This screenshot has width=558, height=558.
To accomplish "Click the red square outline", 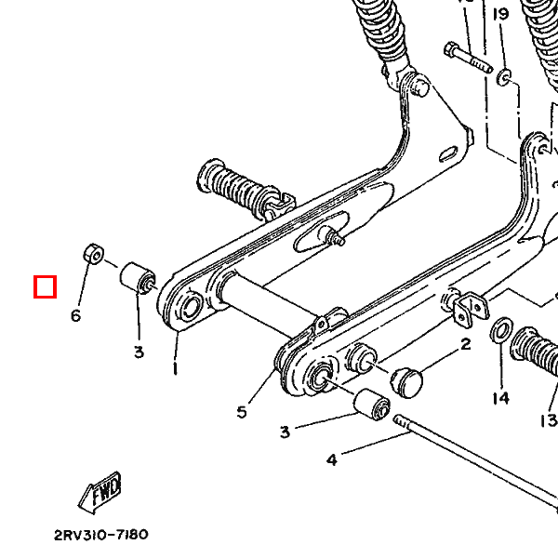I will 45,286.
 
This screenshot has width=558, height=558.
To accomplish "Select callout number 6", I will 76,316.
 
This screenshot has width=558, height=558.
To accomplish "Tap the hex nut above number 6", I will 93,252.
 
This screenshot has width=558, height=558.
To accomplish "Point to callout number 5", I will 242,411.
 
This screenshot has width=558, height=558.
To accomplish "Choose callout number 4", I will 330,458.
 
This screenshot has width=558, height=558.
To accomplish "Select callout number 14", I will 501,398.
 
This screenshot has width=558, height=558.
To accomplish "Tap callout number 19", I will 501,14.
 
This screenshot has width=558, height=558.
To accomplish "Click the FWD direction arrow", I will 100,493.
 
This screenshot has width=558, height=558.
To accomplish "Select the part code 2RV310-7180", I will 100,535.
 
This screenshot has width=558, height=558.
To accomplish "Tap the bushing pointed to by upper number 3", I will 138,276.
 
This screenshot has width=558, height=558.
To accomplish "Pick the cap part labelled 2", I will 406,380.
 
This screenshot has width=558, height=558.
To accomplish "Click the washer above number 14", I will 499,329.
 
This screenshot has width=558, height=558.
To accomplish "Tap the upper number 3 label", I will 139,352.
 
